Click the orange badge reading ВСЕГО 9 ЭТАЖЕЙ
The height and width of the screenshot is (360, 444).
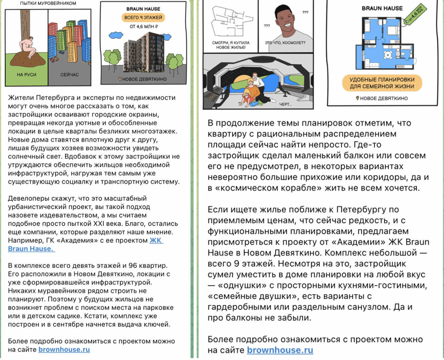[143, 18]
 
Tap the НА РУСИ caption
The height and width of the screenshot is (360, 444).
[27, 75]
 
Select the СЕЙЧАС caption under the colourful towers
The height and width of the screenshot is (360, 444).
[70, 75]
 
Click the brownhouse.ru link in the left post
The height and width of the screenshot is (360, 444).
[64, 349]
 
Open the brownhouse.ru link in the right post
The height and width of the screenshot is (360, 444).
[280, 350]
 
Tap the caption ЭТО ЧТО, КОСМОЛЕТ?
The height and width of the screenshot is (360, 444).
[285, 43]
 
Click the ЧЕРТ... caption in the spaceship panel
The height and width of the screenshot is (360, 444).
[285, 104]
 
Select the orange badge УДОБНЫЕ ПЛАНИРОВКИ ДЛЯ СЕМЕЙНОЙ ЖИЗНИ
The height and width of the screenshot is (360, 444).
[382, 83]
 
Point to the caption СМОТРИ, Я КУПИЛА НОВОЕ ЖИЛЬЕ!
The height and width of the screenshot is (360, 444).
[231, 45]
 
